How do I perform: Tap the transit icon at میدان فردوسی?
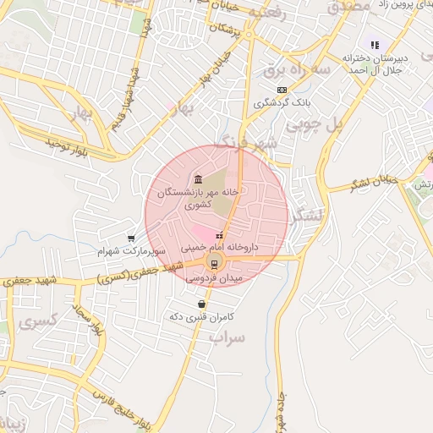[x=214, y=261]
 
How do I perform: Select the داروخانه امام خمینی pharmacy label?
[x=220, y=249]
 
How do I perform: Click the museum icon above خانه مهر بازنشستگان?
[x=197, y=178]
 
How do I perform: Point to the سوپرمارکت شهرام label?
[x=128, y=252]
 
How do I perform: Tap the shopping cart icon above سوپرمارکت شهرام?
[x=130, y=238]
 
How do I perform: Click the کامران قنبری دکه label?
[x=200, y=316]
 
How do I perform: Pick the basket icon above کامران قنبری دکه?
[x=201, y=304]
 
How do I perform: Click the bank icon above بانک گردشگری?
[x=282, y=90]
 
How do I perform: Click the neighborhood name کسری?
[x=39, y=322]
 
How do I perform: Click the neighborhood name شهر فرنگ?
[x=245, y=141]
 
